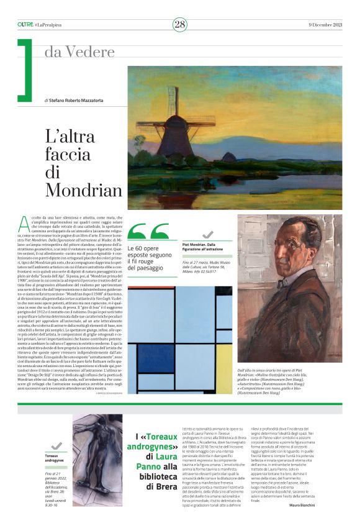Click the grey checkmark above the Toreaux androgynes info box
click(56, 445)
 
